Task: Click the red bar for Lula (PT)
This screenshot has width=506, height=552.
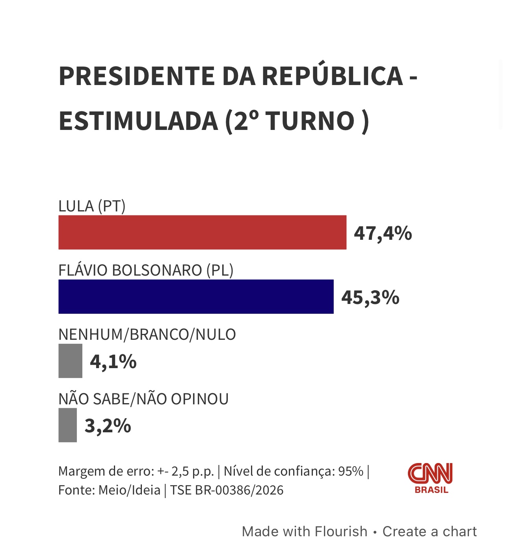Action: [x=202, y=232]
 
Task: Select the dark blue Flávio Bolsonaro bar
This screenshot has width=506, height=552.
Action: [x=196, y=296]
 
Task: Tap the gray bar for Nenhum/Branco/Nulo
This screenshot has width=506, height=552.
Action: [x=70, y=361]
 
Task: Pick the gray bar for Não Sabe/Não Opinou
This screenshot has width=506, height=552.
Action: [x=67, y=425]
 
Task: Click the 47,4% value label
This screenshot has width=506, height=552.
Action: [x=383, y=233]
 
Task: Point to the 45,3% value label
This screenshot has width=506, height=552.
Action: [x=370, y=297]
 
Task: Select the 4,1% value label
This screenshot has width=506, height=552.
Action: [x=113, y=361]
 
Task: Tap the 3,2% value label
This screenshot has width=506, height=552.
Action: [x=108, y=426]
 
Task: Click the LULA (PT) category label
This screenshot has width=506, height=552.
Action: [x=92, y=206]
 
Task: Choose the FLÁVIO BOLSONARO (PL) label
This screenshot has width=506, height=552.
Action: [x=146, y=270]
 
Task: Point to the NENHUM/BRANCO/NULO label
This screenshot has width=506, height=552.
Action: [x=147, y=335]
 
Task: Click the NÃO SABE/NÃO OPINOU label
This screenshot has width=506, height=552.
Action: [x=143, y=399]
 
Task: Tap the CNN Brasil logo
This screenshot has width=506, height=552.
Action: [x=430, y=478]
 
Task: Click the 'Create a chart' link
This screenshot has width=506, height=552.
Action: [x=430, y=532]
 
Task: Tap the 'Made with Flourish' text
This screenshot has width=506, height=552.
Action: [x=305, y=532]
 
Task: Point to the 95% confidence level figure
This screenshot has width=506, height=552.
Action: [x=351, y=471]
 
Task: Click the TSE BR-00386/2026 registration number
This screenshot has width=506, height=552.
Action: [x=227, y=490]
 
